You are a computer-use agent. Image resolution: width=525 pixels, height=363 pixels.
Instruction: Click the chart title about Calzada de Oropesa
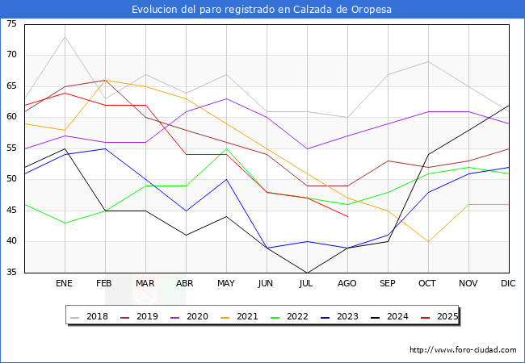click(262, 9)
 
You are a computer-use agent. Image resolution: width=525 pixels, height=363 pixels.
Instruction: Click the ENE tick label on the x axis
click(65, 284)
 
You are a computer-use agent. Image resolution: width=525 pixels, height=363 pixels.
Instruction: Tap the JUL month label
click(307, 284)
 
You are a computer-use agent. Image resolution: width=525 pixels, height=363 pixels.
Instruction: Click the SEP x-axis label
click(388, 284)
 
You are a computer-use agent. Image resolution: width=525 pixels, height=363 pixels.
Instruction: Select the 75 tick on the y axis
click(11, 24)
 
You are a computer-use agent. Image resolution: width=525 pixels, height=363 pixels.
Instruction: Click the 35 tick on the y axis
click(11, 273)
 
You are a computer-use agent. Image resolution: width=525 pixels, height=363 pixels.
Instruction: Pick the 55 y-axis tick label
click(11, 148)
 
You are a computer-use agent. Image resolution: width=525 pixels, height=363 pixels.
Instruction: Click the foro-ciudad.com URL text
click(463, 350)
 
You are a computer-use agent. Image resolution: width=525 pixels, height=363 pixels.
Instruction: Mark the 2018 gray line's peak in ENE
click(65, 36)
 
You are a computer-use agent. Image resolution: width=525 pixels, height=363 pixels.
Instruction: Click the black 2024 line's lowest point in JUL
click(307, 273)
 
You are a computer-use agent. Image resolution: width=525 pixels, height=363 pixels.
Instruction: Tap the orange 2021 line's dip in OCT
click(428, 241)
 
